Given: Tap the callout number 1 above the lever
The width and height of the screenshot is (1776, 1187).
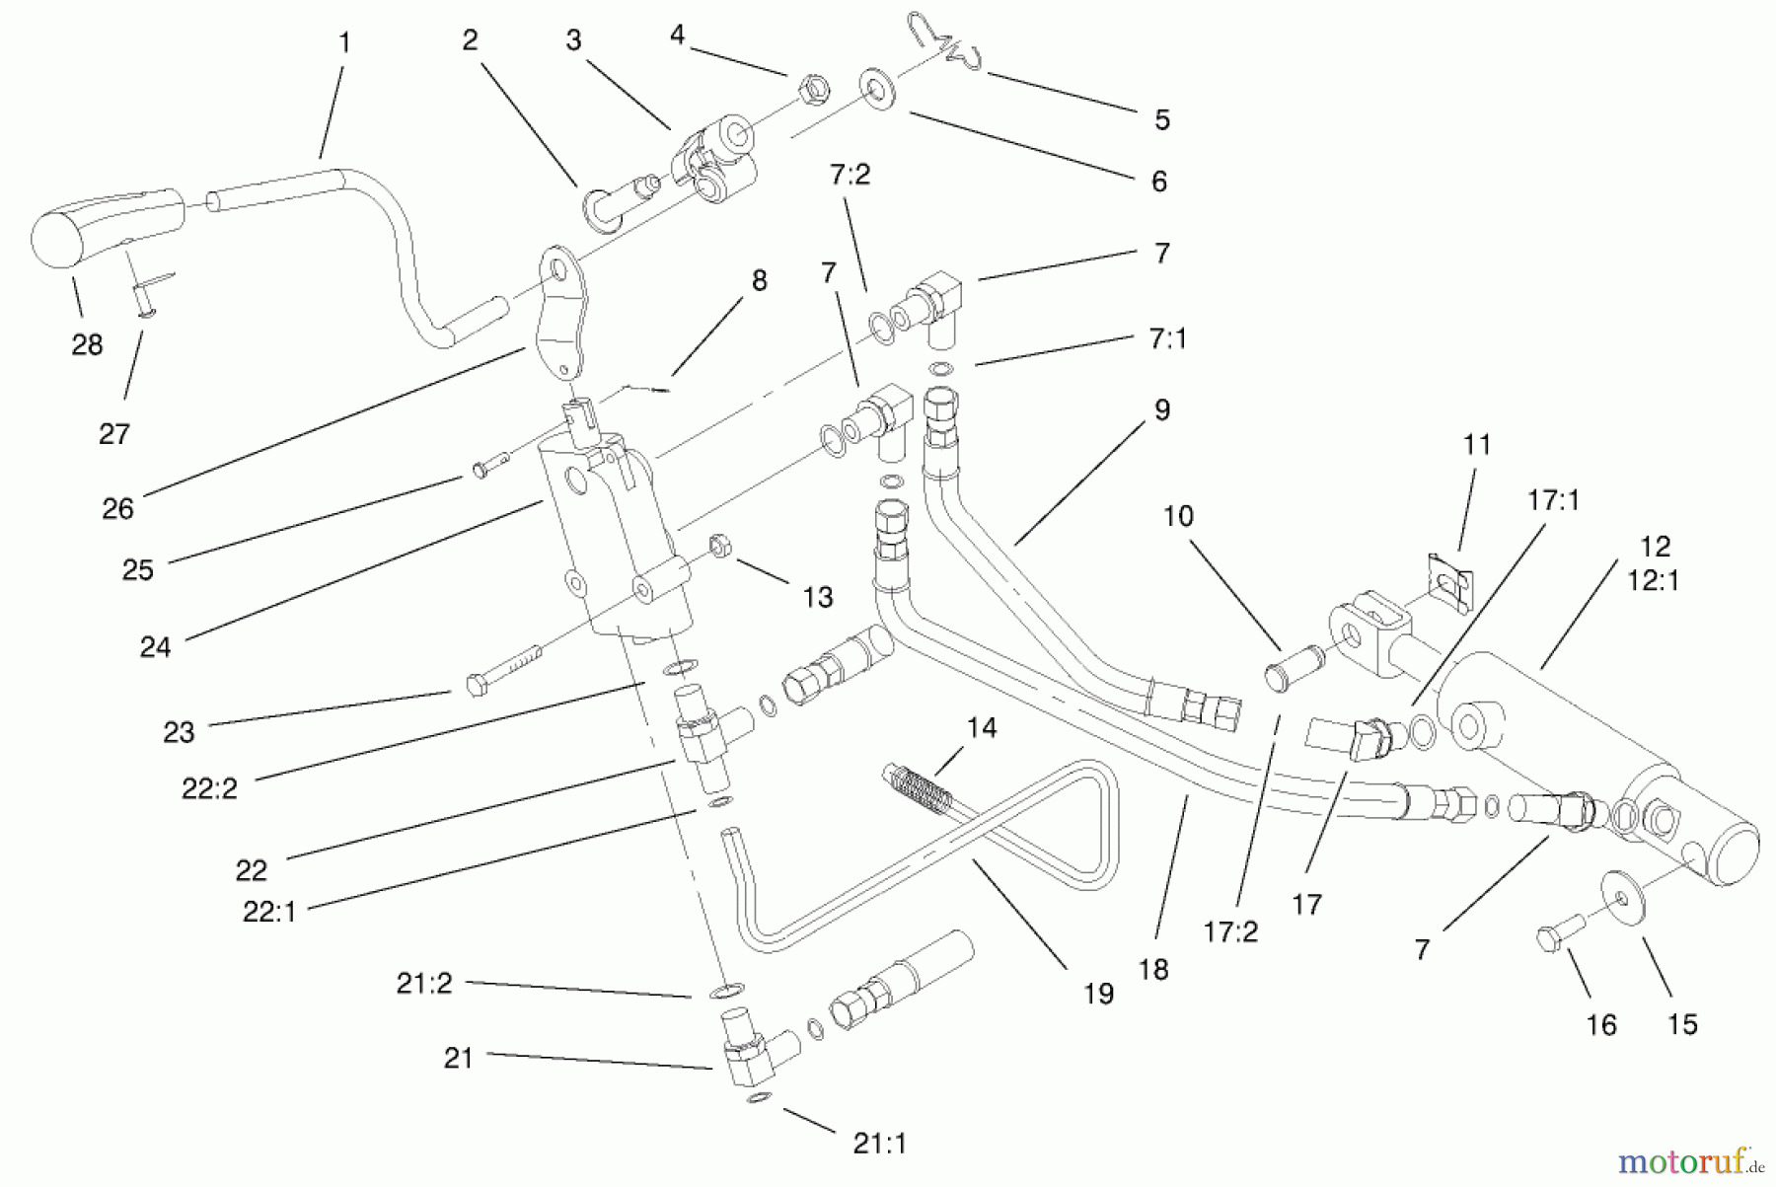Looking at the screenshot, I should (x=344, y=42).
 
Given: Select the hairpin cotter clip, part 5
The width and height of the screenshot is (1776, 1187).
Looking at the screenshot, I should (x=946, y=44).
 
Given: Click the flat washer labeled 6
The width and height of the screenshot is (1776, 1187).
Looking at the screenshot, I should (x=876, y=88).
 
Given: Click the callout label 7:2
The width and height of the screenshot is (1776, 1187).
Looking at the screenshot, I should (x=850, y=175).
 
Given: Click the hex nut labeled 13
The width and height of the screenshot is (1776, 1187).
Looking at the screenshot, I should (x=719, y=545).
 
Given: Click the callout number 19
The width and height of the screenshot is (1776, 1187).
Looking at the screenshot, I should (x=1098, y=993).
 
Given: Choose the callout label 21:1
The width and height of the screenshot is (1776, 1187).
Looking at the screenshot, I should (x=879, y=1143).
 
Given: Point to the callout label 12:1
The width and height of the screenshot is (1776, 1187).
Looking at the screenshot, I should (x=1653, y=580).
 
